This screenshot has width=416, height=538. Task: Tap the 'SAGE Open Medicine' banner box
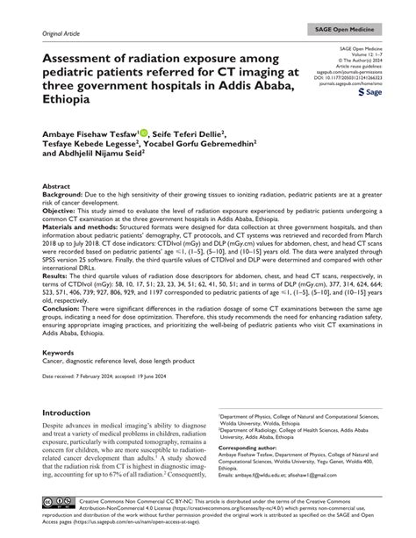360,30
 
